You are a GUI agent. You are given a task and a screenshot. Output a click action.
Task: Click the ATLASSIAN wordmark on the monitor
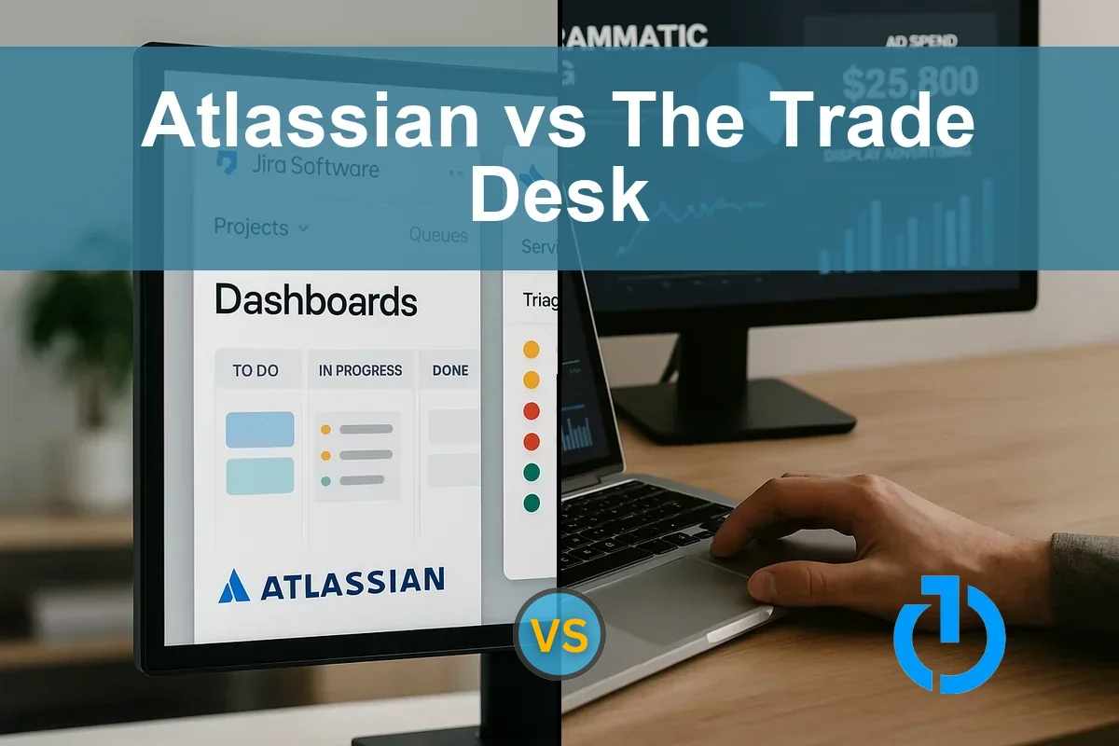pyautogui.click(x=352, y=583)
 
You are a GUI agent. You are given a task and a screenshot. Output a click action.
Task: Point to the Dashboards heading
pyautogui.click(x=315, y=301)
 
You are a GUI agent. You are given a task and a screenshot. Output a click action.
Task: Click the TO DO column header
pyautogui.click(x=256, y=370)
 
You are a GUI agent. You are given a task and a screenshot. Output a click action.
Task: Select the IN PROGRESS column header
pyautogui.click(x=360, y=370)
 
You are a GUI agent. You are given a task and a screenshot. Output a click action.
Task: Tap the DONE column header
pyautogui.click(x=449, y=370)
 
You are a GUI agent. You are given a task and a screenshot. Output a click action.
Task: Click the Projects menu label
pyautogui.click(x=251, y=227)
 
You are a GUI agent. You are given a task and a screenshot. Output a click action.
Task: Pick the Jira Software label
pyautogui.click(x=315, y=168)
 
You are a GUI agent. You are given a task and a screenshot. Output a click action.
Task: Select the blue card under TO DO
pyautogui.click(x=260, y=430)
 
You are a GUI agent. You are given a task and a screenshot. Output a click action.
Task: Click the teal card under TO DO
pyautogui.click(x=260, y=476)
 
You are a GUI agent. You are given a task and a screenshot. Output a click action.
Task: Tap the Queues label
pyautogui.click(x=438, y=235)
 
